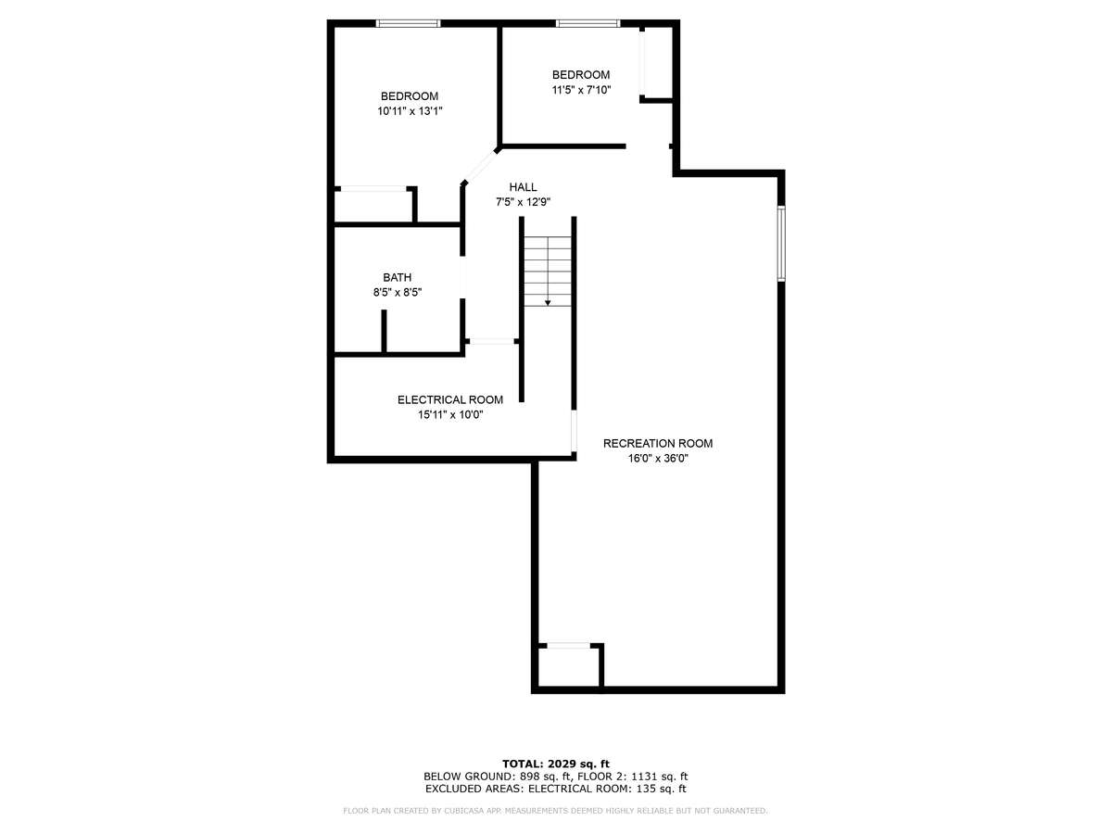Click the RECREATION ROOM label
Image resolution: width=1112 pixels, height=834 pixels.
pos(658,444)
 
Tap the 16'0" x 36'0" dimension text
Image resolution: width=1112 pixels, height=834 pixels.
pos(658,459)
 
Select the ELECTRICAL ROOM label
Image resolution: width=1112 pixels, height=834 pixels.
pos(449,400)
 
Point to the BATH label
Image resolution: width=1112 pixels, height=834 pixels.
pos(398,277)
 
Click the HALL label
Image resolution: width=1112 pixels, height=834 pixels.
pos(524,187)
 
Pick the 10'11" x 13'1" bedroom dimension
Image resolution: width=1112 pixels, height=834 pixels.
pos(410,111)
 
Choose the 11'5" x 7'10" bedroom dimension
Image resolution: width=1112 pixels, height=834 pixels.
pos(581,90)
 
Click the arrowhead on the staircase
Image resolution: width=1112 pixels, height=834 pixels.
pos(548,303)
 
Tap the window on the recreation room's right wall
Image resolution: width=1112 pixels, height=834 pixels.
pos(781,244)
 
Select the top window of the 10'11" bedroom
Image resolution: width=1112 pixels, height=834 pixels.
pos(408,23)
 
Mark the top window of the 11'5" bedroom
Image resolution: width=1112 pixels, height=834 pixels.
pos(588,23)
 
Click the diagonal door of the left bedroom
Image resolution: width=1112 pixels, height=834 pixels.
pos(479,166)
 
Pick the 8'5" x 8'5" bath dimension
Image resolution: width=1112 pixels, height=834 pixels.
pos(398,293)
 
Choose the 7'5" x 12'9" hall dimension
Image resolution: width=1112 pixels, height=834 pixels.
pos(524,203)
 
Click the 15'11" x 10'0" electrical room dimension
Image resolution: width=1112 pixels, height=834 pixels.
pos(450,415)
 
